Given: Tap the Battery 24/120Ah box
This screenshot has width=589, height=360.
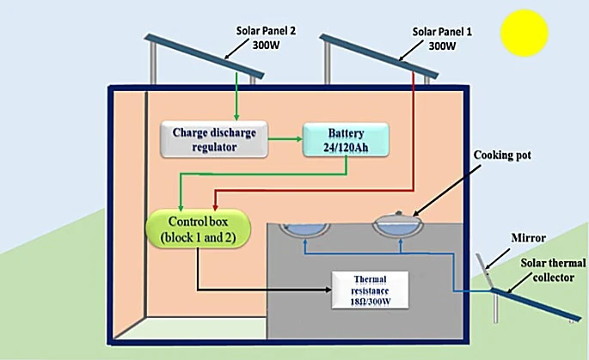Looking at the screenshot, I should click(345, 139).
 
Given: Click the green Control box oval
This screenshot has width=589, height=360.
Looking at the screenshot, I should click(196, 226).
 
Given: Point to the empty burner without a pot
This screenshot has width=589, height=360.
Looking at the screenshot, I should click(305, 227).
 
